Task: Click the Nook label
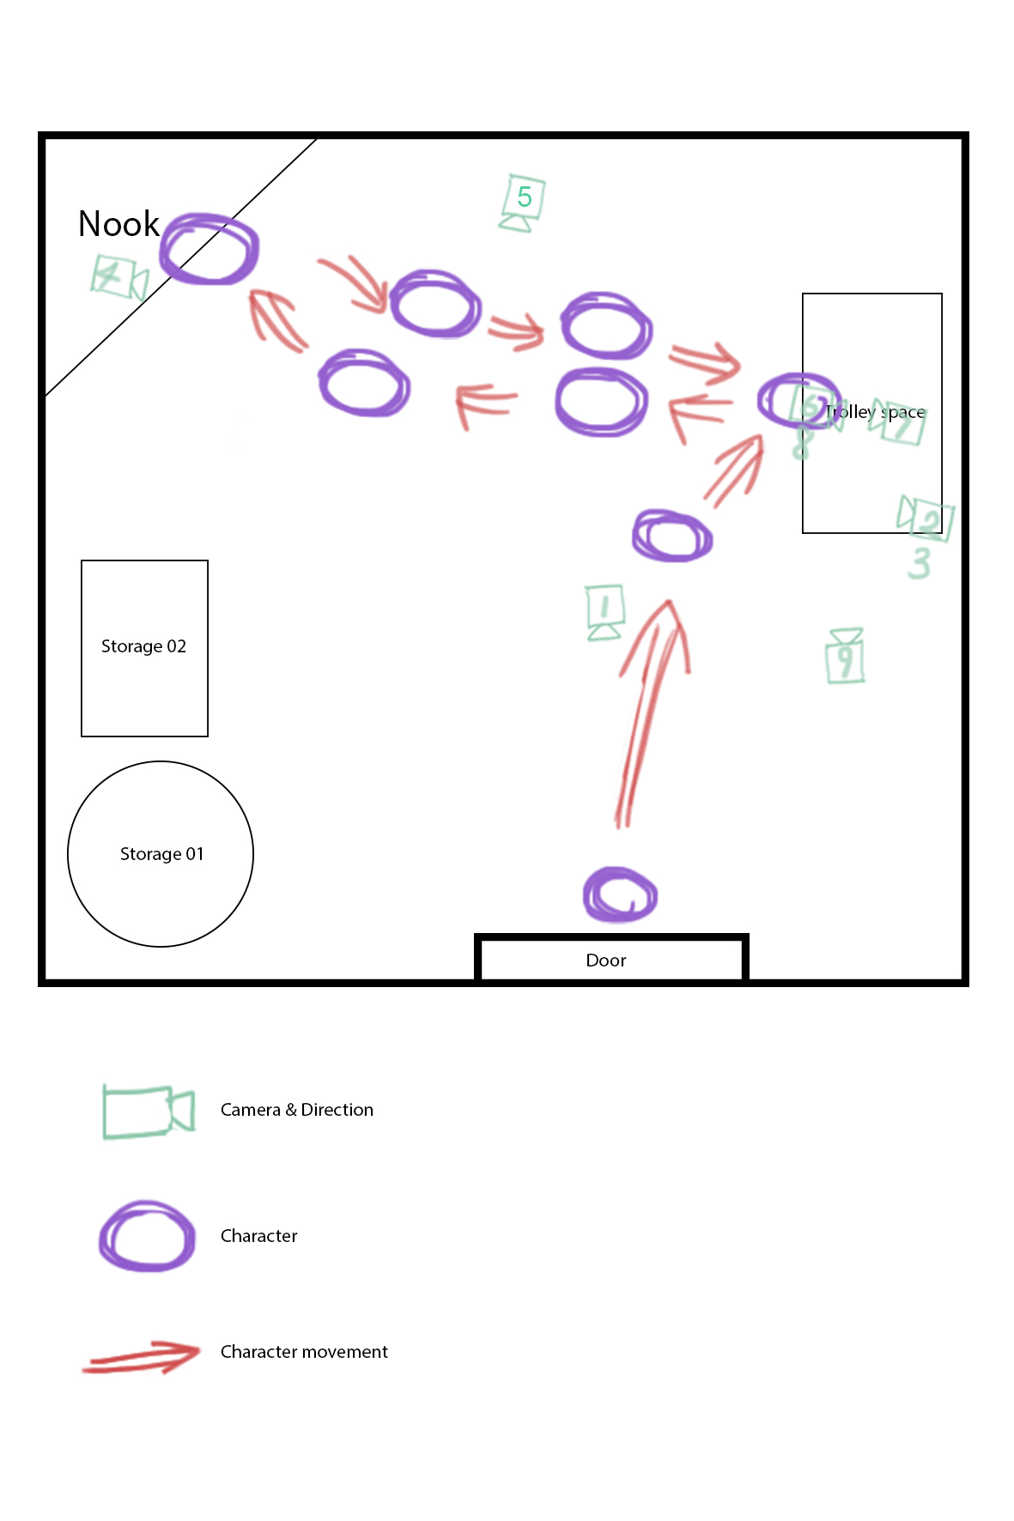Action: click(118, 224)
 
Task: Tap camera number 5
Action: click(522, 201)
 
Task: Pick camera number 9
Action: click(845, 657)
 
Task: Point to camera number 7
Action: click(898, 421)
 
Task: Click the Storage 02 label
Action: click(143, 646)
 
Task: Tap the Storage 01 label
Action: click(161, 854)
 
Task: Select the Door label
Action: click(605, 960)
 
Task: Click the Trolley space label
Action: click(875, 412)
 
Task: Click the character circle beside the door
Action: click(620, 895)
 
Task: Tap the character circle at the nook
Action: click(209, 249)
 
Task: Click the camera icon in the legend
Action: click(147, 1112)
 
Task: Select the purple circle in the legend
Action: click(147, 1236)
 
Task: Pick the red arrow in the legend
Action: click(142, 1356)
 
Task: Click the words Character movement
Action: click(304, 1352)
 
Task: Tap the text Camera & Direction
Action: click(296, 1110)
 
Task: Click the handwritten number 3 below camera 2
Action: click(920, 564)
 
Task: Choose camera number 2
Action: click(926, 517)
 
